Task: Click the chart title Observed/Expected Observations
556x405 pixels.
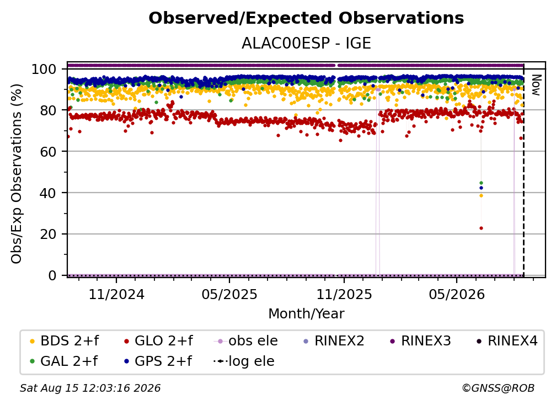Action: (x=306, y=18)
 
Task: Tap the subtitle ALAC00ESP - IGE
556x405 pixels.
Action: (x=306, y=43)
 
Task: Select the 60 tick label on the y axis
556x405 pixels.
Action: (x=48, y=151)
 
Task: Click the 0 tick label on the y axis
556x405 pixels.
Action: (x=52, y=275)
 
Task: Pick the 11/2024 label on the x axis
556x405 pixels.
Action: (x=116, y=294)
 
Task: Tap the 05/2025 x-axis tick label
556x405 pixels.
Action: (x=229, y=294)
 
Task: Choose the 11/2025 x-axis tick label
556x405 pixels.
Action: (x=344, y=294)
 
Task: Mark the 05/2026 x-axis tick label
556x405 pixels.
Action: (x=457, y=294)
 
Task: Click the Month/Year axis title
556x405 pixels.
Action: (x=306, y=314)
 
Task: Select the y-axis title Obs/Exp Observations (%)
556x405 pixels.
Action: (x=17, y=173)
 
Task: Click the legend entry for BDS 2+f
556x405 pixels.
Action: (x=64, y=341)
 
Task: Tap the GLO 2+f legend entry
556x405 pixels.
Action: (x=158, y=341)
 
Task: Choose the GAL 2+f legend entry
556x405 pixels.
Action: (x=63, y=361)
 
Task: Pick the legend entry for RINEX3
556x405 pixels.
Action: (x=420, y=341)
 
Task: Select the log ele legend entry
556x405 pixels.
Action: (x=244, y=361)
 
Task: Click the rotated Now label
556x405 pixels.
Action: (x=536, y=85)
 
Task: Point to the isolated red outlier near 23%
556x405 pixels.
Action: (x=481, y=228)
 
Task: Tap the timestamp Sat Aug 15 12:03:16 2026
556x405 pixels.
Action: (x=90, y=388)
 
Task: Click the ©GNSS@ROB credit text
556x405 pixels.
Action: (x=498, y=388)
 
